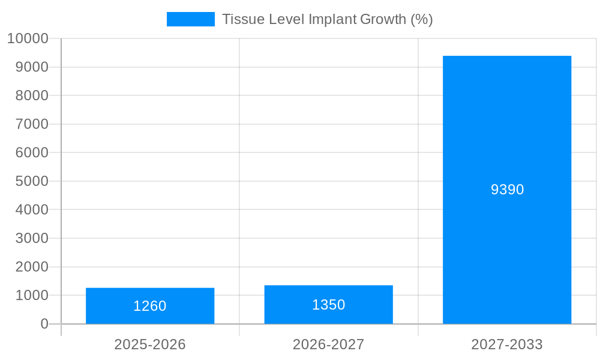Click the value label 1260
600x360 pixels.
tap(150, 306)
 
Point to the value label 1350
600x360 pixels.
tap(328, 305)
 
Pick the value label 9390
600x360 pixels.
tap(507, 190)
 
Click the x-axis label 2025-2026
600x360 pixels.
tap(150, 344)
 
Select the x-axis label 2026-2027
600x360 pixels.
tap(328, 344)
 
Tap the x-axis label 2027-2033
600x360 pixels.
tap(507, 344)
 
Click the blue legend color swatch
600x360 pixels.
tap(190, 19)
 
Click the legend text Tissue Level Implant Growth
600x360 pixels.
tap(327, 19)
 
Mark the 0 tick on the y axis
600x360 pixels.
tap(44, 324)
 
